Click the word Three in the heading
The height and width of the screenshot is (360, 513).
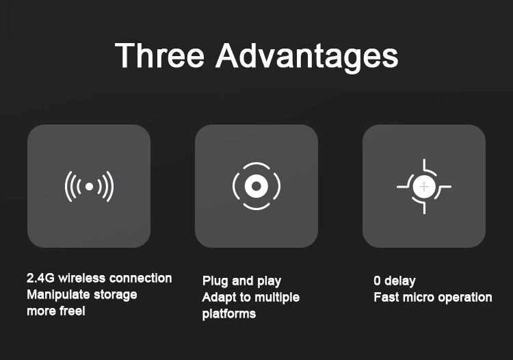(x=159, y=55)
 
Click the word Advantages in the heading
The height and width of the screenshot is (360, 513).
(x=307, y=57)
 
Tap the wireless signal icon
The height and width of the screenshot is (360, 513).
(x=89, y=186)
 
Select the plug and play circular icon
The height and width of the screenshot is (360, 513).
(x=256, y=186)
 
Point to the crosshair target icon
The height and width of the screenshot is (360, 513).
(x=424, y=187)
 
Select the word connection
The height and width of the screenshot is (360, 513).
(x=141, y=278)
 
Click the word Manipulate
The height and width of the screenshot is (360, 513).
(x=58, y=295)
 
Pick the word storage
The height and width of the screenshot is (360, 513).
(x=116, y=295)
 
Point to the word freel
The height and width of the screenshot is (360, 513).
(x=70, y=311)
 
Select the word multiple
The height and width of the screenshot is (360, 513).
(x=277, y=298)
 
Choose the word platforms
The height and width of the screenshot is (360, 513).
(x=229, y=314)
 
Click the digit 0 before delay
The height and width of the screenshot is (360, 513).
(x=377, y=281)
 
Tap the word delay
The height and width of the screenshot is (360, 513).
(x=400, y=281)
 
